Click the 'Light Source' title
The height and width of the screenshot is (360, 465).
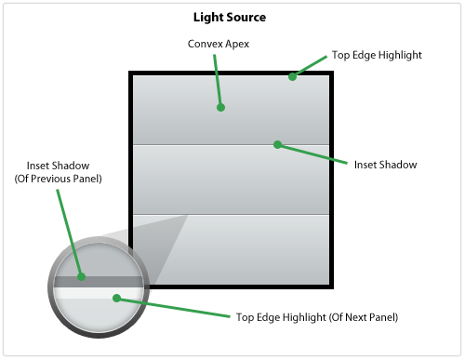coord(230,18)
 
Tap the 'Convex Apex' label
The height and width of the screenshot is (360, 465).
coord(219,44)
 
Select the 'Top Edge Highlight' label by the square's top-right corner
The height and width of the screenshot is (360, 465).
coord(377,55)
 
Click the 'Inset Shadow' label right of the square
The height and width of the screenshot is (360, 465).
coord(385,165)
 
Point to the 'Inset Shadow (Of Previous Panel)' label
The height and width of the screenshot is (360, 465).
coord(58,172)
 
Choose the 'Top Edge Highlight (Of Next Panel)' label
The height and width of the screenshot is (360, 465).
coord(317,317)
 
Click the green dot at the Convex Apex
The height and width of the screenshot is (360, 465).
coord(220,108)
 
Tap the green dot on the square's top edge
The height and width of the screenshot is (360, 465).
coord(292,76)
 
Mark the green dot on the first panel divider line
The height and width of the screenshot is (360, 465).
coord(278,144)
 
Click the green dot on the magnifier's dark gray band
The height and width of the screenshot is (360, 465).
coord(81,276)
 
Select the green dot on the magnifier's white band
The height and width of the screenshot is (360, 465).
coord(117,299)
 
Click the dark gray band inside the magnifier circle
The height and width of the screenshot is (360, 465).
coord(99,282)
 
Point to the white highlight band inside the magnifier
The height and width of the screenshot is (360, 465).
coord(99,293)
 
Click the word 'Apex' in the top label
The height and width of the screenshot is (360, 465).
coord(237,45)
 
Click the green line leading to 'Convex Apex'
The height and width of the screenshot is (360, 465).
coord(218,81)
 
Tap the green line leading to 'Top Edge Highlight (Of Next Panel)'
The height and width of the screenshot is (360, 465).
coord(174,308)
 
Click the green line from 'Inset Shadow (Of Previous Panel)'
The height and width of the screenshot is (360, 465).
coord(70,233)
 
